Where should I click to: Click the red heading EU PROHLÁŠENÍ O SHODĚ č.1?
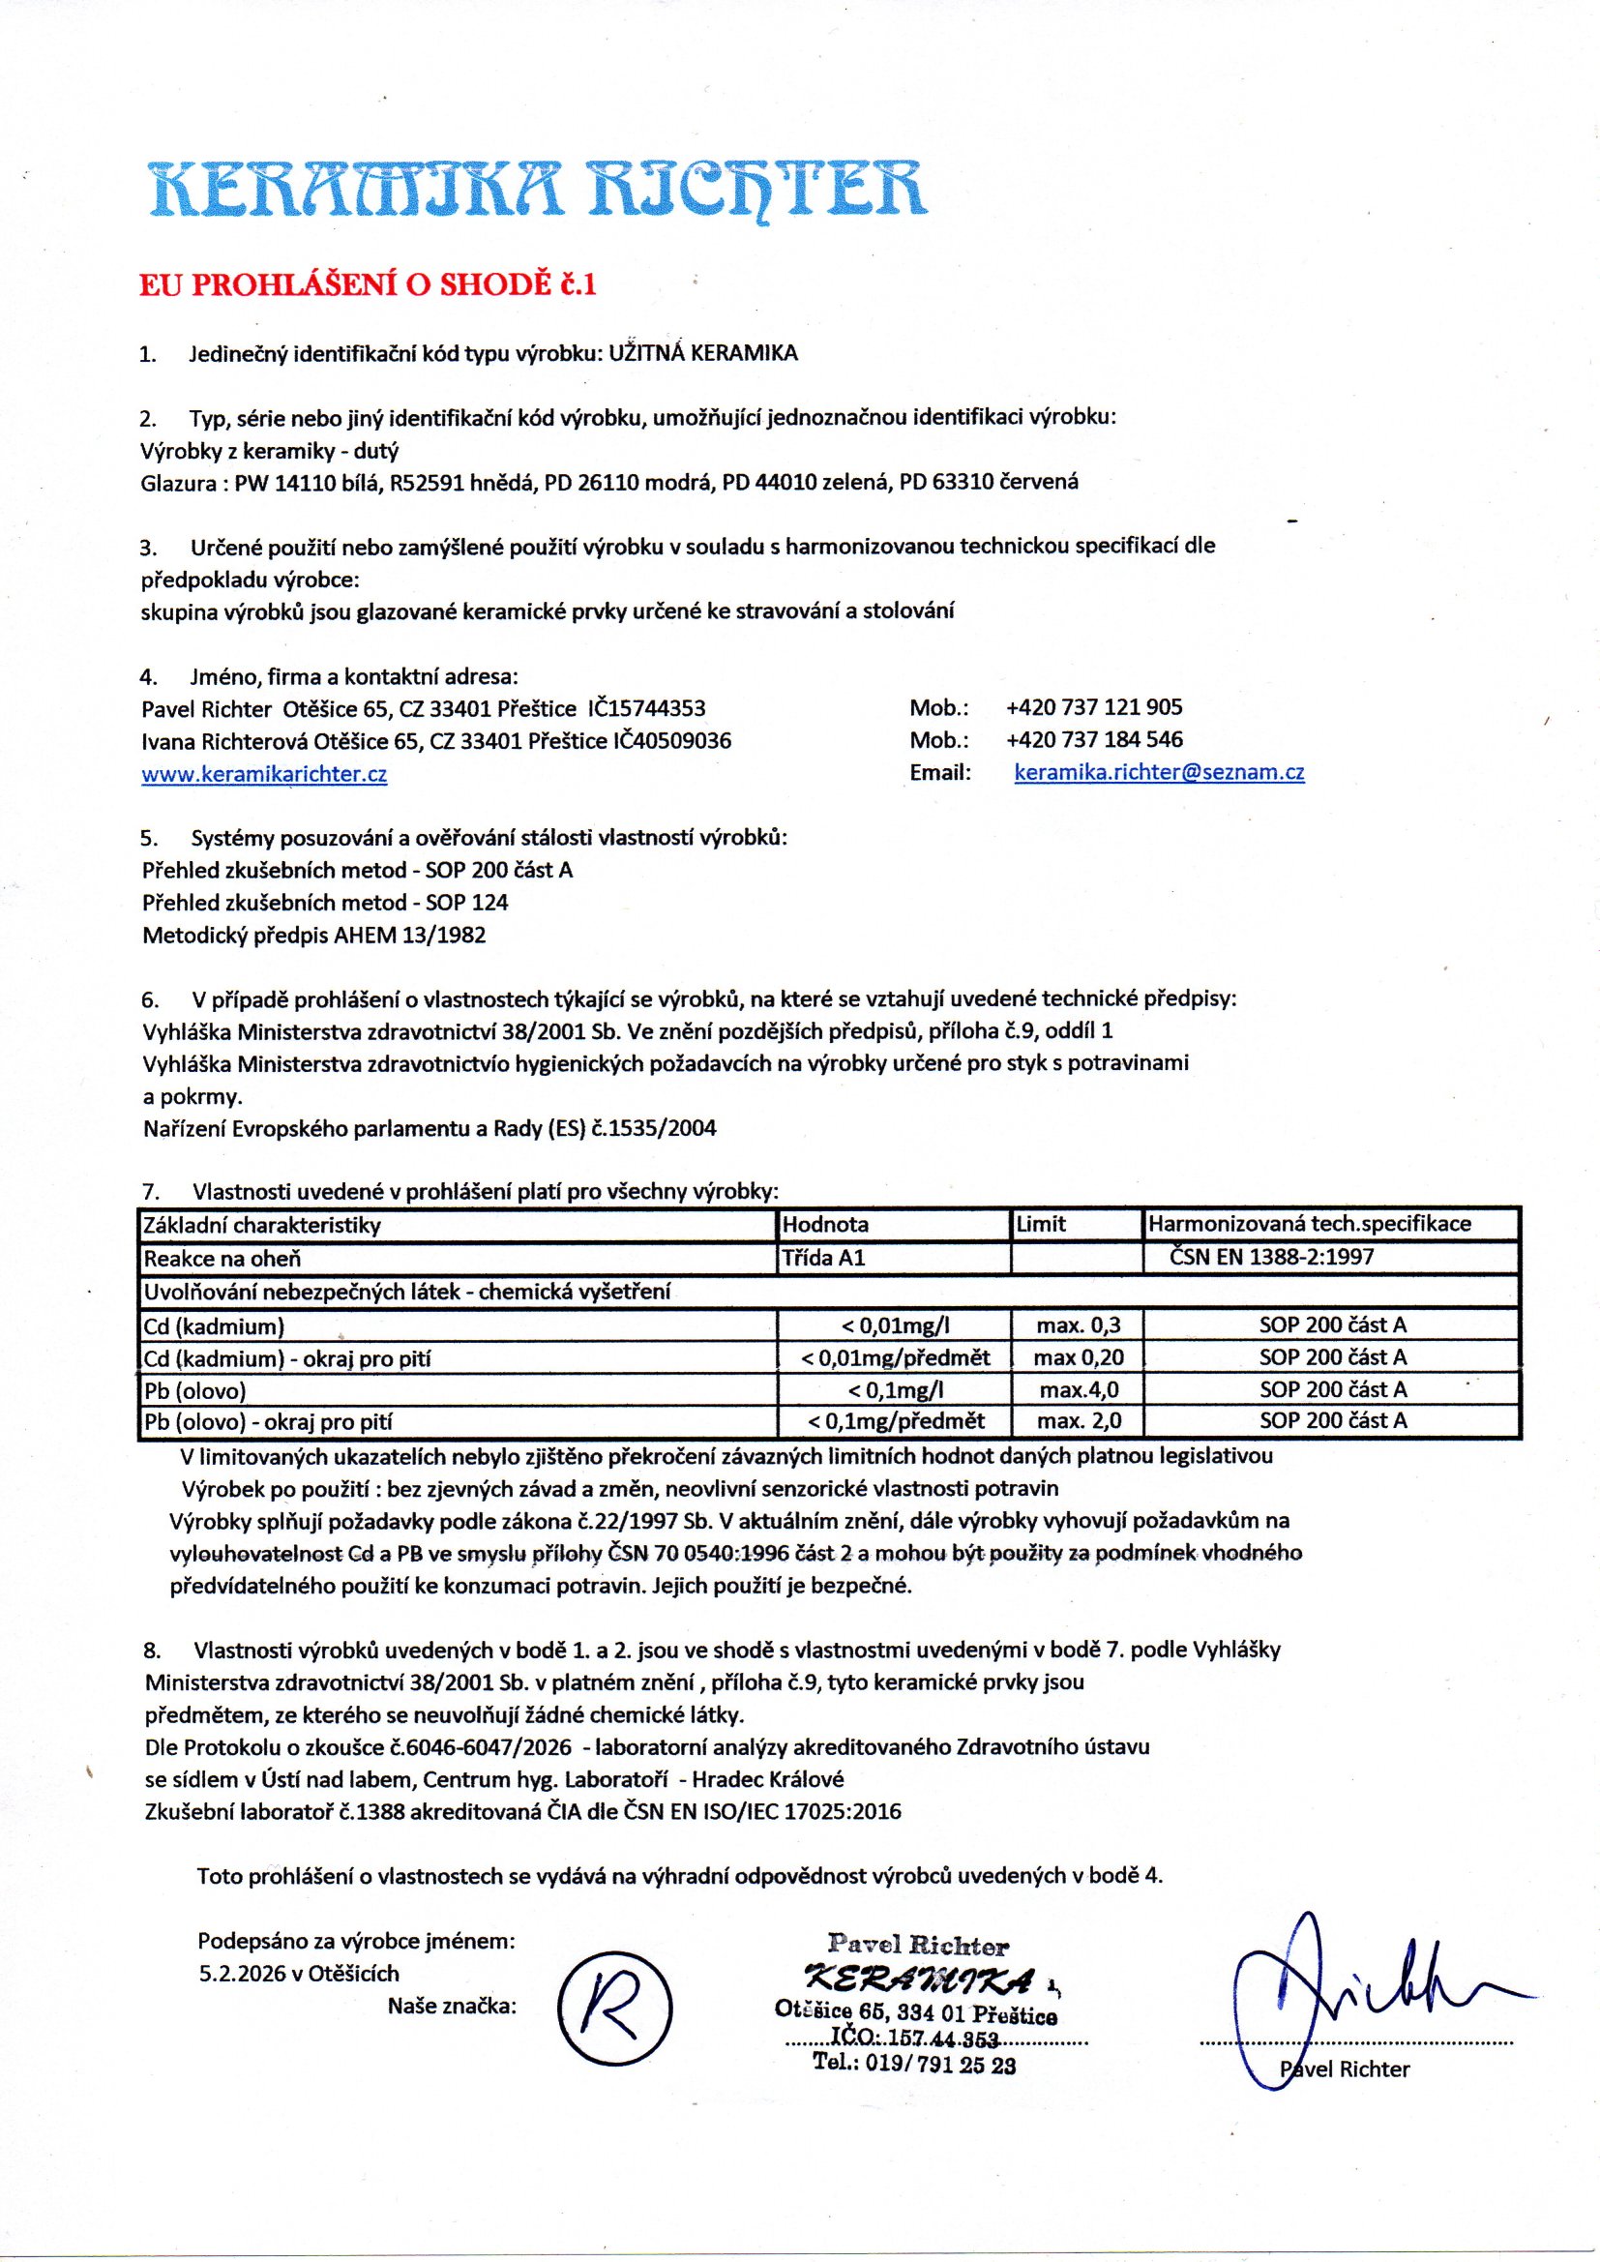[x=368, y=284]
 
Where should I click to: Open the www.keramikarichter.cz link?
[x=264, y=774]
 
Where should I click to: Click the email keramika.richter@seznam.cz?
[x=1159, y=772]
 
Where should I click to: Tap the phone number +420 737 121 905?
[x=1094, y=707]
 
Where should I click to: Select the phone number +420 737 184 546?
[x=1094, y=740]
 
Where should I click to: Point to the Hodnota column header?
[x=825, y=1225]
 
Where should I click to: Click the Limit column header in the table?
[x=1042, y=1225]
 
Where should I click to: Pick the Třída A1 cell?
[x=823, y=1258]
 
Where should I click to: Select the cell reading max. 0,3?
[x=1078, y=1326]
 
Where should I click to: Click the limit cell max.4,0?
[x=1079, y=1390]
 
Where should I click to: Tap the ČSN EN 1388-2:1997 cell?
[x=1271, y=1257]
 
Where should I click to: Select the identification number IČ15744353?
[x=646, y=708]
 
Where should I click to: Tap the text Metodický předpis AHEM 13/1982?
[x=314, y=935]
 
